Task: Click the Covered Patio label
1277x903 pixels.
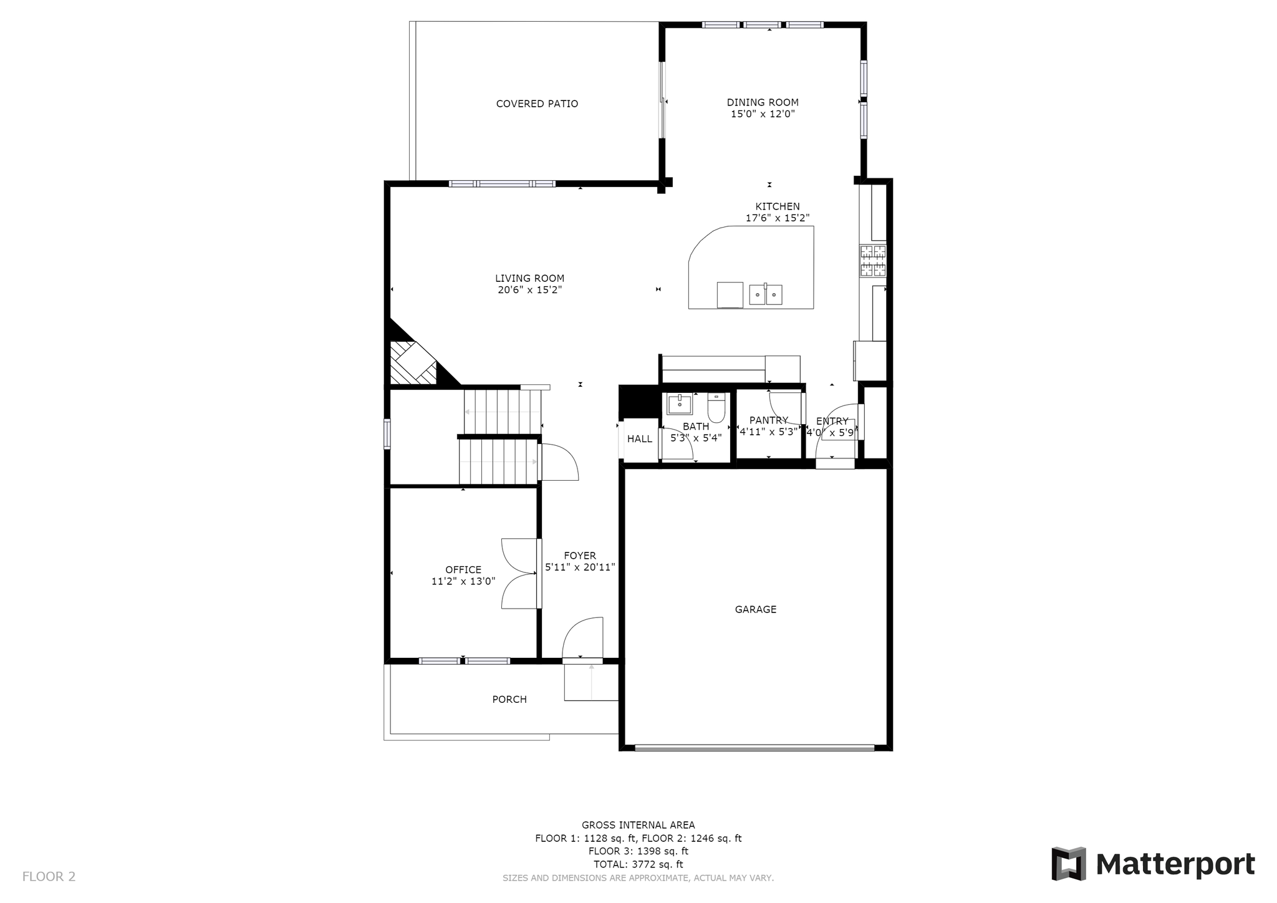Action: [x=537, y=104]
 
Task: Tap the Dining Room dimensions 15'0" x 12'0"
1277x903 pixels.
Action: [x=763, y=114]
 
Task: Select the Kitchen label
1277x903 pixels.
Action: [x=778, y=206]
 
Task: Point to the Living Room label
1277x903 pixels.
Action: [x=530, y=279]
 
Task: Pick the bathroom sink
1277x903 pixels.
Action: [x=680, y=404]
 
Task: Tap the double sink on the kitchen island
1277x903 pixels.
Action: [x=766, y=294]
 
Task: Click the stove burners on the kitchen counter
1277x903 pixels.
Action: [x=873, y=261]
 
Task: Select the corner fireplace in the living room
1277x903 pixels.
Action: [x=413, y=362]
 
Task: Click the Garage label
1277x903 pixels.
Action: [x=756, y=609]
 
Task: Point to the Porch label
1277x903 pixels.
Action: [x=509, y=700]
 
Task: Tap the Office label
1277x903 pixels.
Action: [x=463, y=569]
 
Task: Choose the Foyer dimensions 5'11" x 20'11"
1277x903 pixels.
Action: [x=580, y=567]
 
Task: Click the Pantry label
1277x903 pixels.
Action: [x=769, y=420]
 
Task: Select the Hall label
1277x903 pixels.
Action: [x=640, y=439]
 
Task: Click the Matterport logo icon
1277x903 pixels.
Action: [x=1069, y=864]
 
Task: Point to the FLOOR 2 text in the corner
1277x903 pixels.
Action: [x=49, y=877]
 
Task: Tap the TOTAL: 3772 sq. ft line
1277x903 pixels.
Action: [x=638, y=864]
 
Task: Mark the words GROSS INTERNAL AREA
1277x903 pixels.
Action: [x=638, y=825]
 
